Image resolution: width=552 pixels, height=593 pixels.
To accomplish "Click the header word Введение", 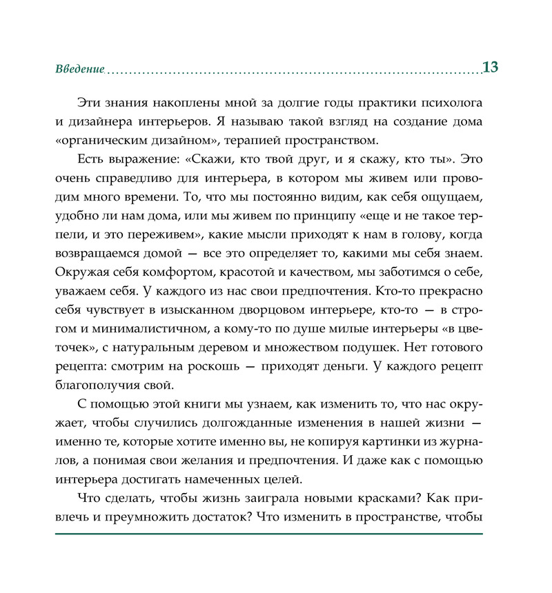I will click(79, 69).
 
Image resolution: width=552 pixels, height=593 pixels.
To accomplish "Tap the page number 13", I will click(491, 68).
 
